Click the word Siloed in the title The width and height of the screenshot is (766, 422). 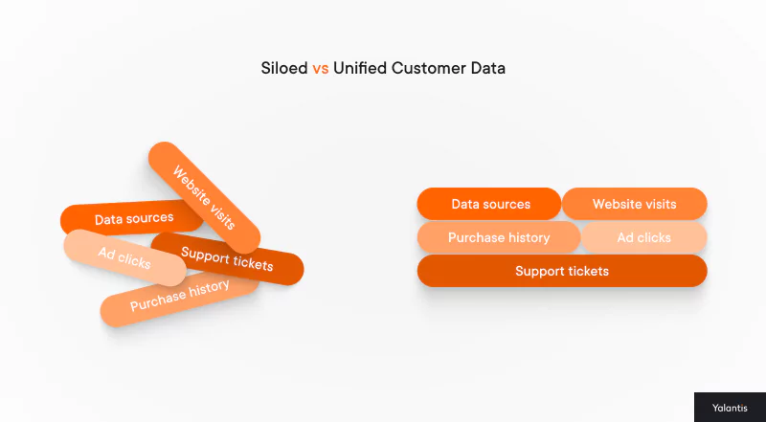[285, 69]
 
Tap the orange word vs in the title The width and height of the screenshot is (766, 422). [321, 69]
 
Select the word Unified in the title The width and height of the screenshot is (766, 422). [357, 69]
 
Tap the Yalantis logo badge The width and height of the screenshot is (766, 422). [729, 407]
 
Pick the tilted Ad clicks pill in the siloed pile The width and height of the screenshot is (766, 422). [124, 257]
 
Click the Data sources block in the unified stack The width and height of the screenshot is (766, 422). [489, 204]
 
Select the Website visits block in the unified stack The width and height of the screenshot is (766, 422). [634, 204]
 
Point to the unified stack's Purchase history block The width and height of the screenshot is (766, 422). [498, 237]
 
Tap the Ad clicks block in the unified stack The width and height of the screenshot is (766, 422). [643, 237]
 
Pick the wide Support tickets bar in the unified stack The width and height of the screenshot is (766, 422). [562, 271]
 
